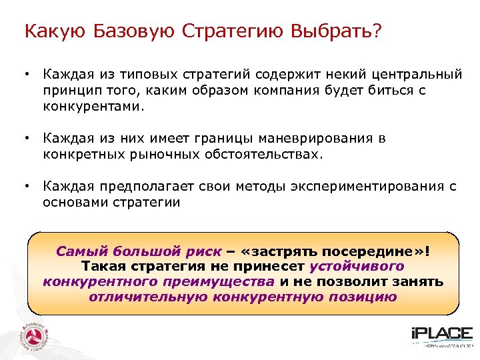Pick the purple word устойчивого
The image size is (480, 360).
[x=357, y=267]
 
